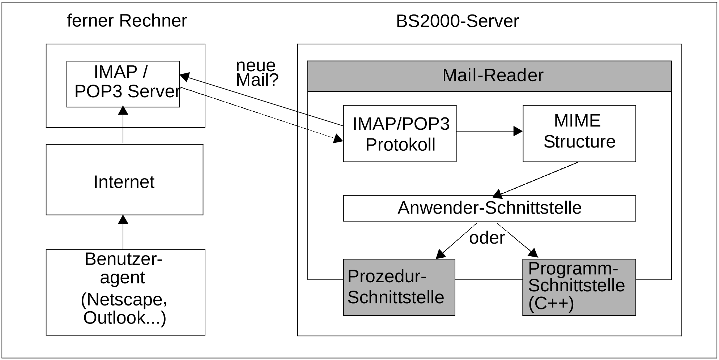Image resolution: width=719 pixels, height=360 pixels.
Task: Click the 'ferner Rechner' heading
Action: click(x=127, y=21)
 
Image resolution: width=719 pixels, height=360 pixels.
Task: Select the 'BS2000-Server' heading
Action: click(x=457, y=21)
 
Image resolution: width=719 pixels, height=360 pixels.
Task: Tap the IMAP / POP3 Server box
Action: click(x=123, y=84)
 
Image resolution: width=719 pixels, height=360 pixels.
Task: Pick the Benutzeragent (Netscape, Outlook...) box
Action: click(x=125, y=292)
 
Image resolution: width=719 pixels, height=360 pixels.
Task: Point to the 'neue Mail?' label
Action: click(x=256, y=73)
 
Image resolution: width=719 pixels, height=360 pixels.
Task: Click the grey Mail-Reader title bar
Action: click(x=489, y=76)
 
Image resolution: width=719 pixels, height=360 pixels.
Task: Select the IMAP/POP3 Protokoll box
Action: click(x=400, y=133)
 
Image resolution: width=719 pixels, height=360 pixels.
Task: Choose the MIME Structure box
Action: click(x=579, y=133)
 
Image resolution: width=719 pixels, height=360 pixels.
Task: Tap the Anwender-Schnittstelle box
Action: click(x=489, y=208)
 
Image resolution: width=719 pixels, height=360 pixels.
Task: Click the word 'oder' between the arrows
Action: click(x=487, y=238)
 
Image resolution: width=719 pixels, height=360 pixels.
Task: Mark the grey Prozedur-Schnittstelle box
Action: click(x=399, y=287)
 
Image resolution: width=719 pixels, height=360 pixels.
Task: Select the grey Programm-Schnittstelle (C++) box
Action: click(x=579, y=287)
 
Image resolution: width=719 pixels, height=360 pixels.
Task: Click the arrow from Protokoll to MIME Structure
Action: click(x=488, y=131)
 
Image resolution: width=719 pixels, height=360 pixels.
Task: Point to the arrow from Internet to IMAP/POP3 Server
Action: click(x=123, y=125)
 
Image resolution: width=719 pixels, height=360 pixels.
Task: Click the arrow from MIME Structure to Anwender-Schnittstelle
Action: click(x=537, y=179)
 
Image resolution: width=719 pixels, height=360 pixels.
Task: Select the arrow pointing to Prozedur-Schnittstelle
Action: click(x=456, y=241)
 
